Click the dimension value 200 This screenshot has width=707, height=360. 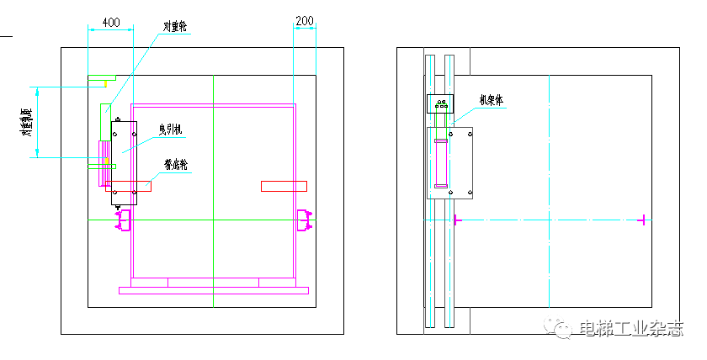pos(305,19)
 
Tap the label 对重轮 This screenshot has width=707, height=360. pos(174,27)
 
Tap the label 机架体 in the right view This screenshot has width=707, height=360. pos(490,99)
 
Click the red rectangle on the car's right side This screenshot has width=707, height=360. pos(284,186)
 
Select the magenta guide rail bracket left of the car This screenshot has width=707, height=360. pos(123,221)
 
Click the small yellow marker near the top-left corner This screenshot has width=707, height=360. pos(105,83)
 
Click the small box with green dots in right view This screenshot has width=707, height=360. pos(441,104)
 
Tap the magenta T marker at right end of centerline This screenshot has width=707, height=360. pos(643,220)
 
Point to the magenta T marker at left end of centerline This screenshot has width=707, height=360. pos(456,220)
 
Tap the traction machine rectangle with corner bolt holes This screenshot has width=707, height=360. pos(124,162)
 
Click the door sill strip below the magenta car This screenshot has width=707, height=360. pos(214,291)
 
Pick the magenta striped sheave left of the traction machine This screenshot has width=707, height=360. pos(105,161)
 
